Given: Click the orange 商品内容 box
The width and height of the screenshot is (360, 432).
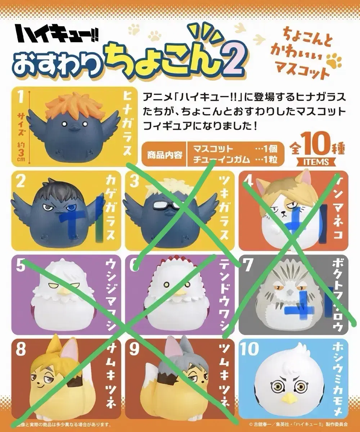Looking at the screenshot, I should tap(164, 155).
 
